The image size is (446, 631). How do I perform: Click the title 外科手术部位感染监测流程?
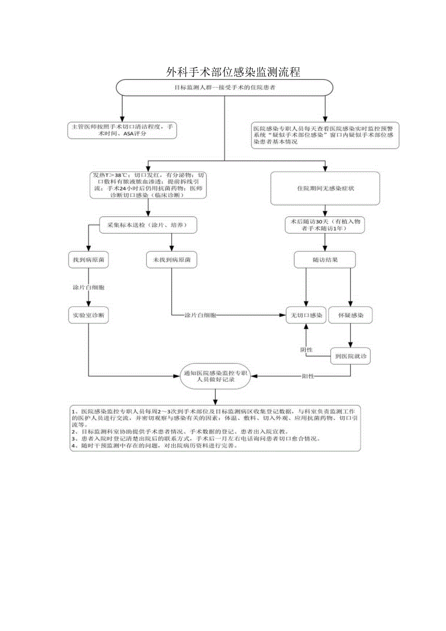pyautogui.click(x=233, y=73)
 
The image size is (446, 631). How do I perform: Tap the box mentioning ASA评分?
pyautogui.click(x=122, y=130)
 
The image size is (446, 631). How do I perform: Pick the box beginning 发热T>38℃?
pyautogui.click(x=148, y=185)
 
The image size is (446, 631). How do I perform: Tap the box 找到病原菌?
pyautogui.click(x=88, y=260)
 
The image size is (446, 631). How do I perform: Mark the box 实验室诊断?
pyautogui.click(x=88, y=315)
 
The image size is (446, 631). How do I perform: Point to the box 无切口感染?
pyautogui.click(x=305, y=315)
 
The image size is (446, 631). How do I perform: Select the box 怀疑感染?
pyautogui.click(x=350, y=315)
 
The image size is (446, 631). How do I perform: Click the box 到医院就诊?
pyautogui.click(x=350, y=356)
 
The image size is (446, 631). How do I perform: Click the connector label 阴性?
pyautogui.click(x=307, y=349)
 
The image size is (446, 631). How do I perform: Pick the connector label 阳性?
pyautogui.click(x=308, y=376)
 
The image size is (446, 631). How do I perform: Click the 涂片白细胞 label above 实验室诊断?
pyautogui.click(x=88, y=288)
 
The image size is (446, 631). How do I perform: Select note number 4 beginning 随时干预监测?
pyautogui.click(x=155, y=446)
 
